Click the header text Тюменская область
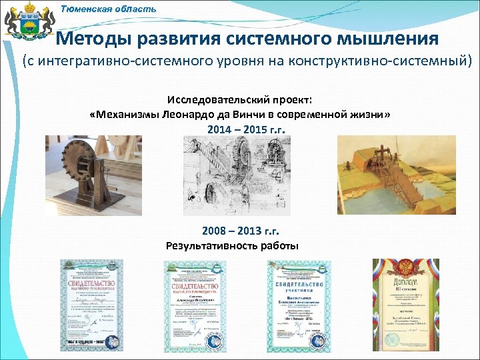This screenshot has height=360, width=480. pos(109,9)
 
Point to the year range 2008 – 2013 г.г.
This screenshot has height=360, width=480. pos(240,231)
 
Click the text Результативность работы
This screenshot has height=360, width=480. pos(232,245)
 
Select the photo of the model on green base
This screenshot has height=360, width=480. pos(389,177)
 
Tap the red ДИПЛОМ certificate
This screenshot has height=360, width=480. pos(405,304)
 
